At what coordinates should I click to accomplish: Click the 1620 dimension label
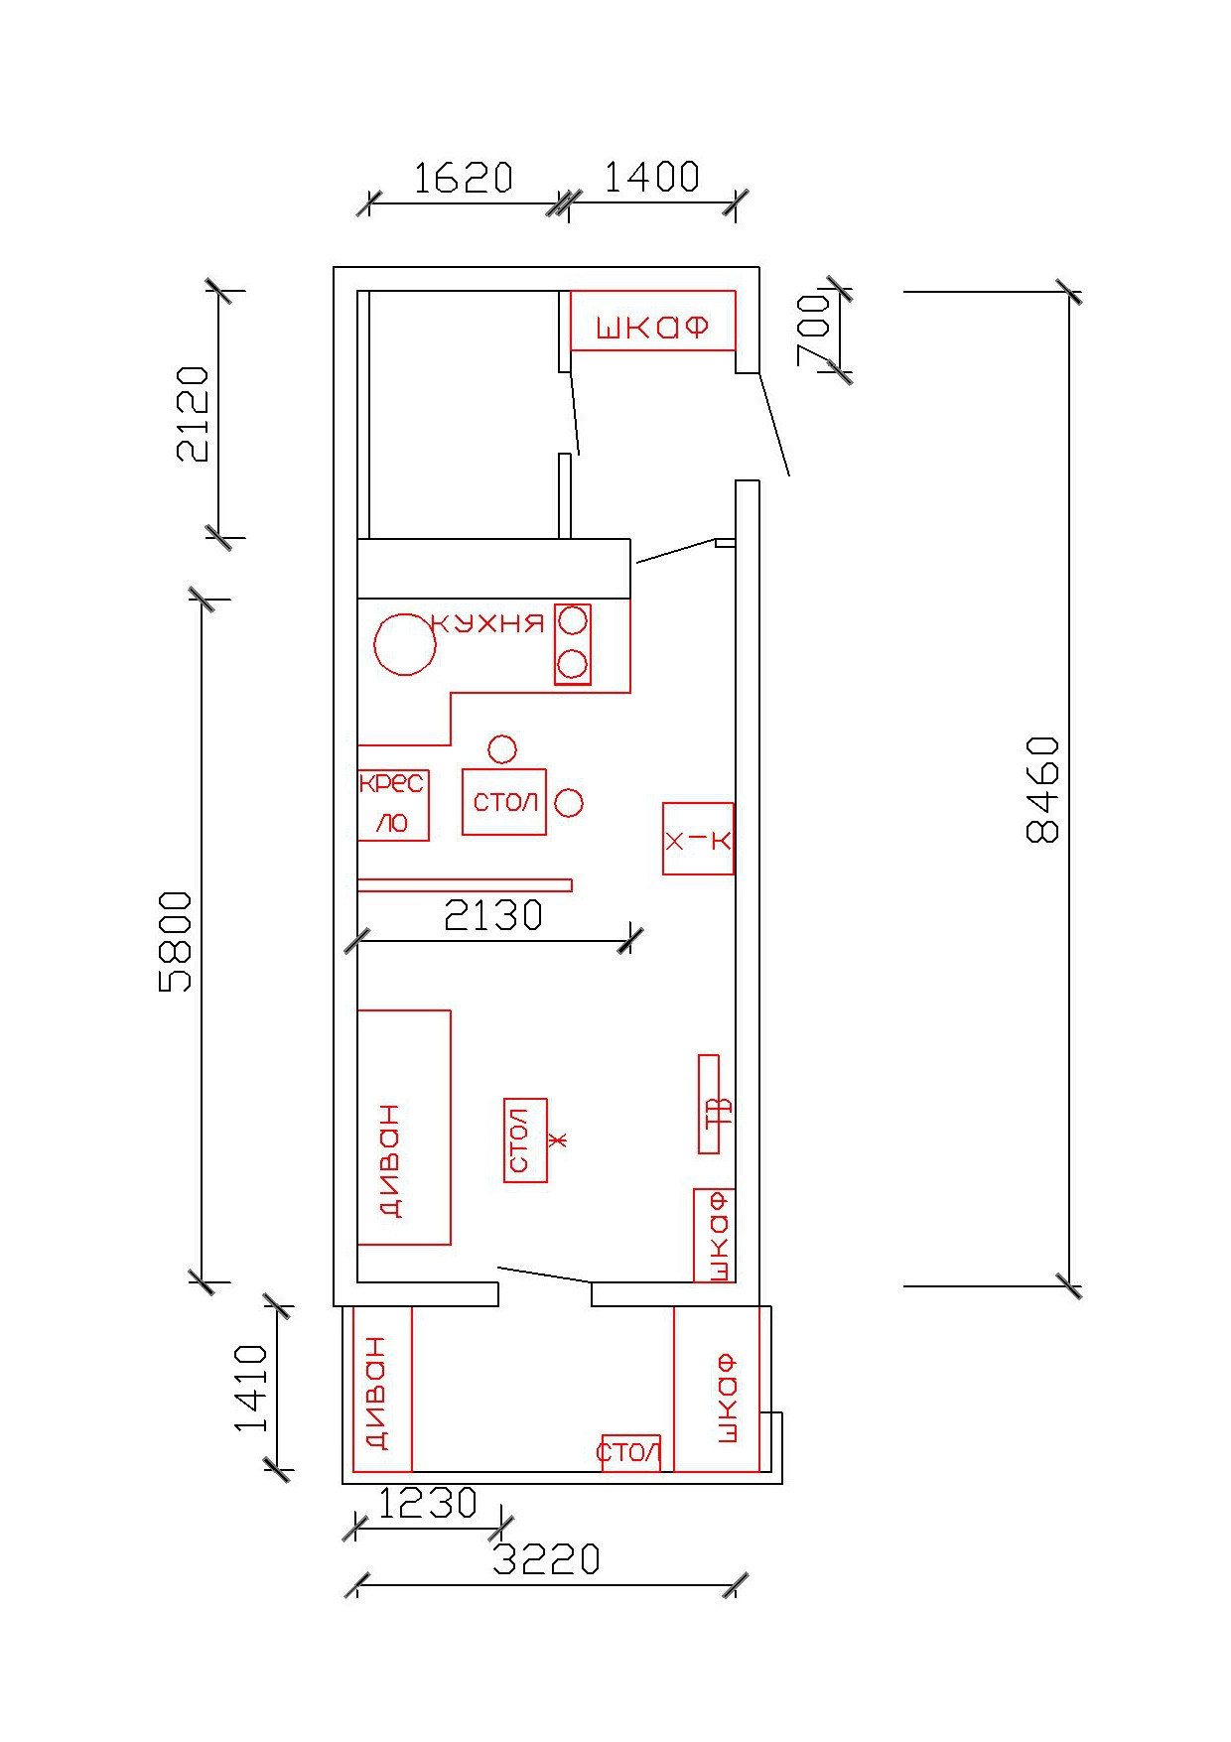pyautogui.click(x=463, y=179)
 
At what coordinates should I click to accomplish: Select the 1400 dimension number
pyautogui.click(x=651, y=178)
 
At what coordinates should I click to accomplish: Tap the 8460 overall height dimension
pyautogui.click(x=1043, y=789)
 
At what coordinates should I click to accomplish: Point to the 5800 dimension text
pyautogui.click(x=177, y=941)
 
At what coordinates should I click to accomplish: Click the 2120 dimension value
pyautogui.click(x=194, y=414)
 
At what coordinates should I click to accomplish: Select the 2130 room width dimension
pyautogui.click(x=493, y=915)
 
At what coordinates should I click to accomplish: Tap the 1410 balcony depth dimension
pyautogui.click(x=251, y=1389)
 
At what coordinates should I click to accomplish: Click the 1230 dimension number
pyautogui.click(x=428, y=1505)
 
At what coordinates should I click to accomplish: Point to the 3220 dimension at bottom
pyautogui.click(x=547, y=1560)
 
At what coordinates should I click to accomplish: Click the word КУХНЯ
pyautogui.click(x=488, y=623)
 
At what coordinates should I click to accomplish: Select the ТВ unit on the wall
pyautogui.click(x=709, y=1104)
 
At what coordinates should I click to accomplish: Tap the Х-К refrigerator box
pyautogui.click(x=698, y=839)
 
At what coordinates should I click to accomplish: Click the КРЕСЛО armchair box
pyautogui.click(x=393, y=805)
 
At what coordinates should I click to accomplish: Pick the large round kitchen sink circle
pyautogui.click(x=404, y=644)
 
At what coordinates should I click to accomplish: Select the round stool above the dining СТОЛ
pyautogui.click(x=502, y=749)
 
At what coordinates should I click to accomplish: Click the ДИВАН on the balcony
pyautogui.click(x=382, y=1390)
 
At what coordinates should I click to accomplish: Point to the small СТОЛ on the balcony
pyautogui.click(x=630, y=1453)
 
